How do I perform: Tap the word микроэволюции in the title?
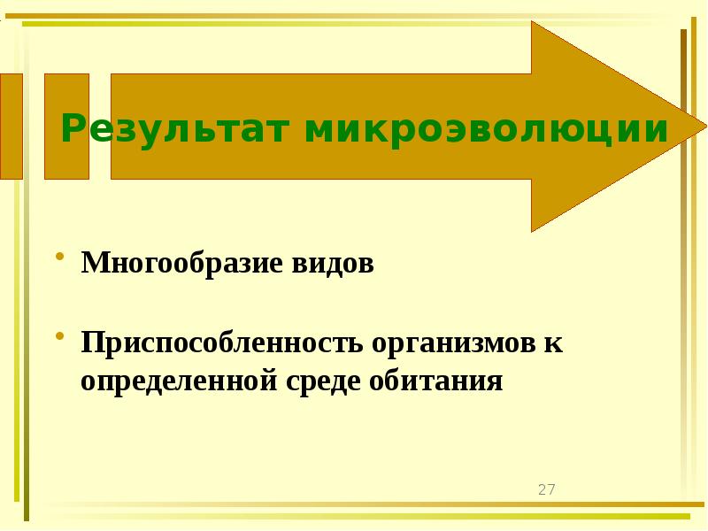[486, 129]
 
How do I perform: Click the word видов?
[327, 264]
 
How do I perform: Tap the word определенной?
[178, 381]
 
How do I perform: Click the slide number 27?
[546, 489]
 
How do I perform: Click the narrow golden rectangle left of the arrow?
[66, 127]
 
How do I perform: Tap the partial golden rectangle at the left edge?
[11, 127]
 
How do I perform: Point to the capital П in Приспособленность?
[92, 342]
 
